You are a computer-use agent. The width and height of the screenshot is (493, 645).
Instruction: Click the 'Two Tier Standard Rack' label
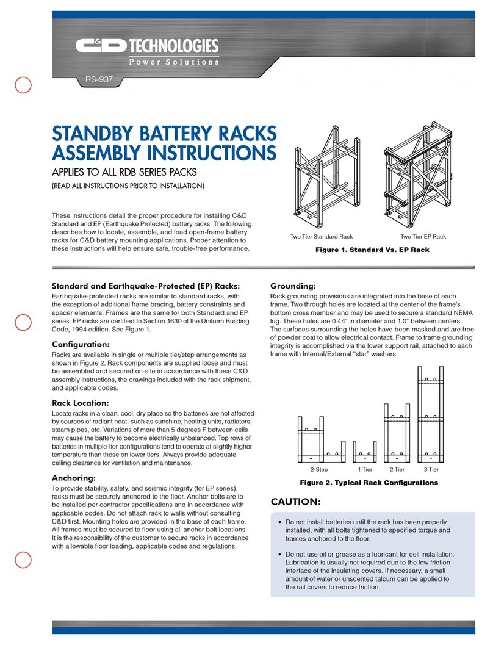coord(322,236)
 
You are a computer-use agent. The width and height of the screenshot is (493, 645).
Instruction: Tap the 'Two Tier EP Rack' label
coord(423,236)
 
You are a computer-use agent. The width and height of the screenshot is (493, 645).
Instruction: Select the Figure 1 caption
coord(372,250)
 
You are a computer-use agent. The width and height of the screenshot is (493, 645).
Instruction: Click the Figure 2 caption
coord(369,483)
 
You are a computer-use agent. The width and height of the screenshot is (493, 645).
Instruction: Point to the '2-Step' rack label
coord(319,470)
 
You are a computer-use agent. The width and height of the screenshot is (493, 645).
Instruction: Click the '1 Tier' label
coord(364,470)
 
